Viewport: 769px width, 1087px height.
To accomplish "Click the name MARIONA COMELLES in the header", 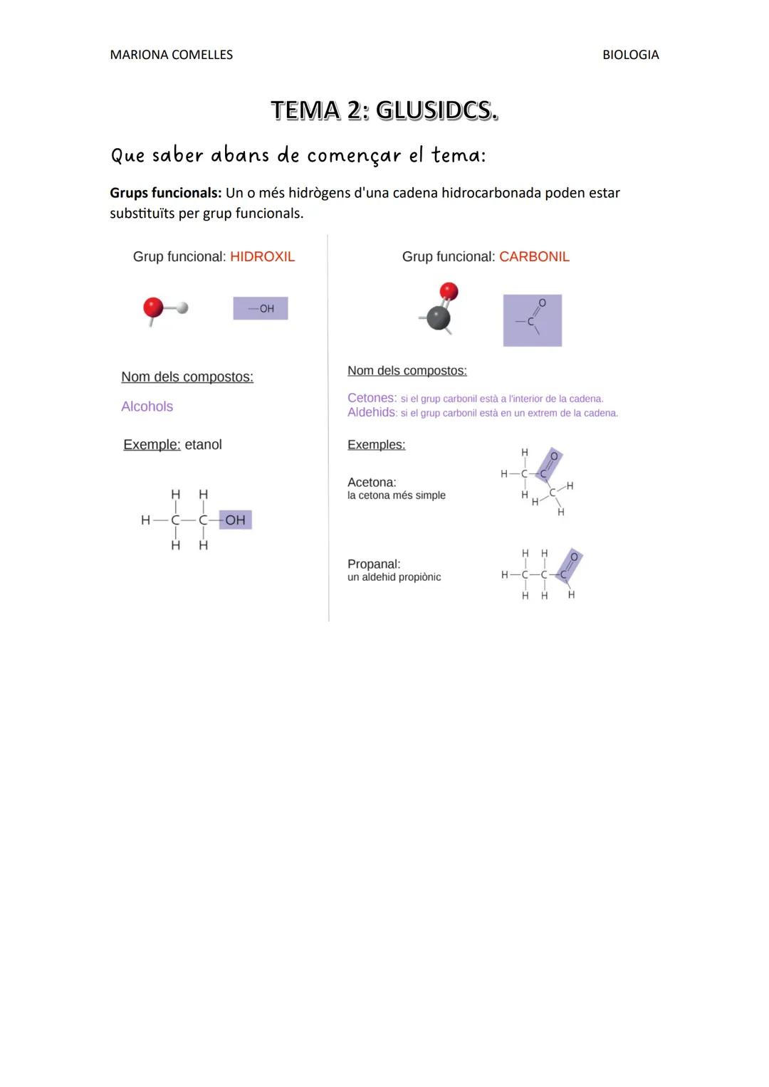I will [171, 55].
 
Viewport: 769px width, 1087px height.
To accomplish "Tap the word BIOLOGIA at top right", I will [630, 55].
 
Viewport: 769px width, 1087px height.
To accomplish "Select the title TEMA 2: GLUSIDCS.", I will [384, 110].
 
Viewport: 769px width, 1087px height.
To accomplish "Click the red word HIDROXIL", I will [262, 257].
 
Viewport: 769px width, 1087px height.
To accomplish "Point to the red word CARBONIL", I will [534, 257].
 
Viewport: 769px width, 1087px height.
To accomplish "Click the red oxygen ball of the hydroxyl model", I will [153, 308].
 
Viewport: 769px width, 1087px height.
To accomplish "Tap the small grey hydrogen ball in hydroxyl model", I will [182, 308].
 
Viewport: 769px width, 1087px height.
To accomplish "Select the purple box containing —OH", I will [261, 308].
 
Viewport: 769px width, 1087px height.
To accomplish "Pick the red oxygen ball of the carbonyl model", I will [449, 291].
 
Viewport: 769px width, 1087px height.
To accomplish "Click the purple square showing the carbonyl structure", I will [532, 320].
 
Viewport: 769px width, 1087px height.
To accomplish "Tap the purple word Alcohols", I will [147, 406].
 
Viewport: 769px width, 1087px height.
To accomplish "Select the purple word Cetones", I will [371, 398].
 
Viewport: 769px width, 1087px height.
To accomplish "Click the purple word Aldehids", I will [371, 412].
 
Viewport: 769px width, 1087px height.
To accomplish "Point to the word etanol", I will [203, 445].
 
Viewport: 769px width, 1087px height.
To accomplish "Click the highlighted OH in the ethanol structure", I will [235, 520].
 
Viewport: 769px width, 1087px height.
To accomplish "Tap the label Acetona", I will [372, 483].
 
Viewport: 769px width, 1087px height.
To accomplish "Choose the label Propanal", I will [374, 564].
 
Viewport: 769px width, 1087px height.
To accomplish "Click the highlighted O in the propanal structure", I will [575, 557].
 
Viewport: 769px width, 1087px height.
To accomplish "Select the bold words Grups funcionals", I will [165, 193].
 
